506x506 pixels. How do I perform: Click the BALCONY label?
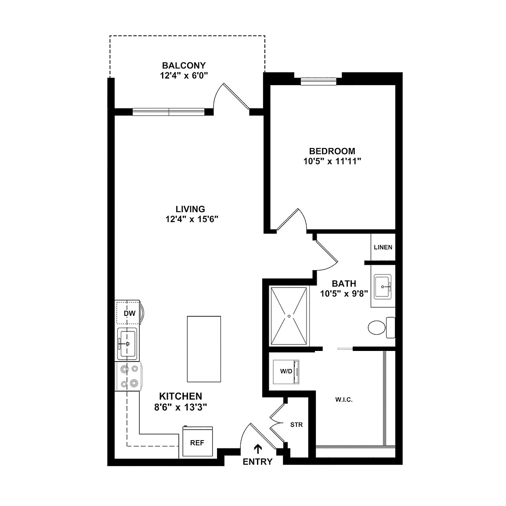(184, 65)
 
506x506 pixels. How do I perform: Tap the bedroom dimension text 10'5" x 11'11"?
(332, 161)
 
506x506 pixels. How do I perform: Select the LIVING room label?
(190, 209)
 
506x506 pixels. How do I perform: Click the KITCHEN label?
(181, 396)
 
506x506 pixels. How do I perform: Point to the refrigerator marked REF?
(198, 441)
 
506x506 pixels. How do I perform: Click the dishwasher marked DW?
(128, 312)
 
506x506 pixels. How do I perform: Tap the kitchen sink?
(127, 343)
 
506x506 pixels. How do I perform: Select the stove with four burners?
(129, 376)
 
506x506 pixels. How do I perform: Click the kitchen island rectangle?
(204, 349)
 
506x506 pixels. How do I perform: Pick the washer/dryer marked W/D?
(286, 372)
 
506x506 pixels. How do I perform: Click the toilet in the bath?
(381, 328)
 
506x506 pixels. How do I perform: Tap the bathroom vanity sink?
(383, 287)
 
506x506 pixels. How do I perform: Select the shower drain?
(289, 316)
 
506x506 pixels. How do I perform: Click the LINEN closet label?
(383, 247)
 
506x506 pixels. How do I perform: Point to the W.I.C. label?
(344, 400)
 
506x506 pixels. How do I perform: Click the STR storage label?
(296, 425)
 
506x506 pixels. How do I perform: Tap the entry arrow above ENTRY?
(257, 449)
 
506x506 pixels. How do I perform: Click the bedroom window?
(318, 81)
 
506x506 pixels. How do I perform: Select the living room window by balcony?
(169, 112)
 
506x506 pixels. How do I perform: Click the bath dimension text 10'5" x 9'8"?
(344, 294)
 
